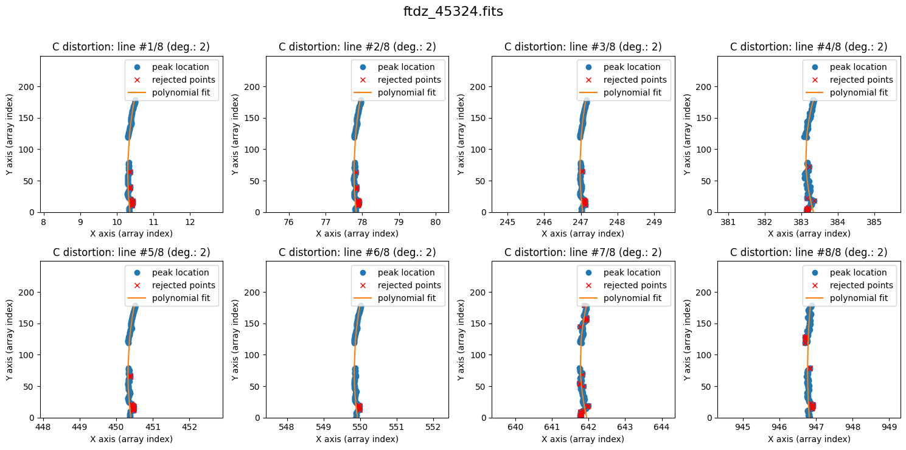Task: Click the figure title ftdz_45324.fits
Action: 453,12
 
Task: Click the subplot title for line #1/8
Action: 131,47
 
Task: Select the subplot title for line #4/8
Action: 809,47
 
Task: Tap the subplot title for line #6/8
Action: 357,252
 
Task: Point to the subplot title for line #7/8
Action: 583,252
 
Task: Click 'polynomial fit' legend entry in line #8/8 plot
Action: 861,298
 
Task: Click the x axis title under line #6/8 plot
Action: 357,439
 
